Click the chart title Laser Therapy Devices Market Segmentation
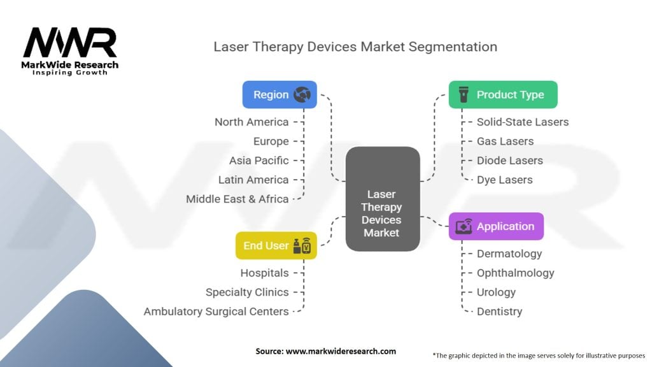coord(355,47)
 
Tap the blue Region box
coord(280,94)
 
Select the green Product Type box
coord(503,94)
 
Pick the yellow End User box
coord(276,245)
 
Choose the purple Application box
coord(496,226)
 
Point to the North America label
coord(252,122)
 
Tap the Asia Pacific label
coord(259,161)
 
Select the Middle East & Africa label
coord(237,199)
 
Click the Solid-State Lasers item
coord(523,122)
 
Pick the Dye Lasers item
coord(505,180)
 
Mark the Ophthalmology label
coord(516,273)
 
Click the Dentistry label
coord(500,312)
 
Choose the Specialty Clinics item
coord(247,292)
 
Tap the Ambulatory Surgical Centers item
coord(216,312)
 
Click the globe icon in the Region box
coord(302,94)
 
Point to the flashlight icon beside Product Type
coord(463,94)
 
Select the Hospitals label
coord(264,273)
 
